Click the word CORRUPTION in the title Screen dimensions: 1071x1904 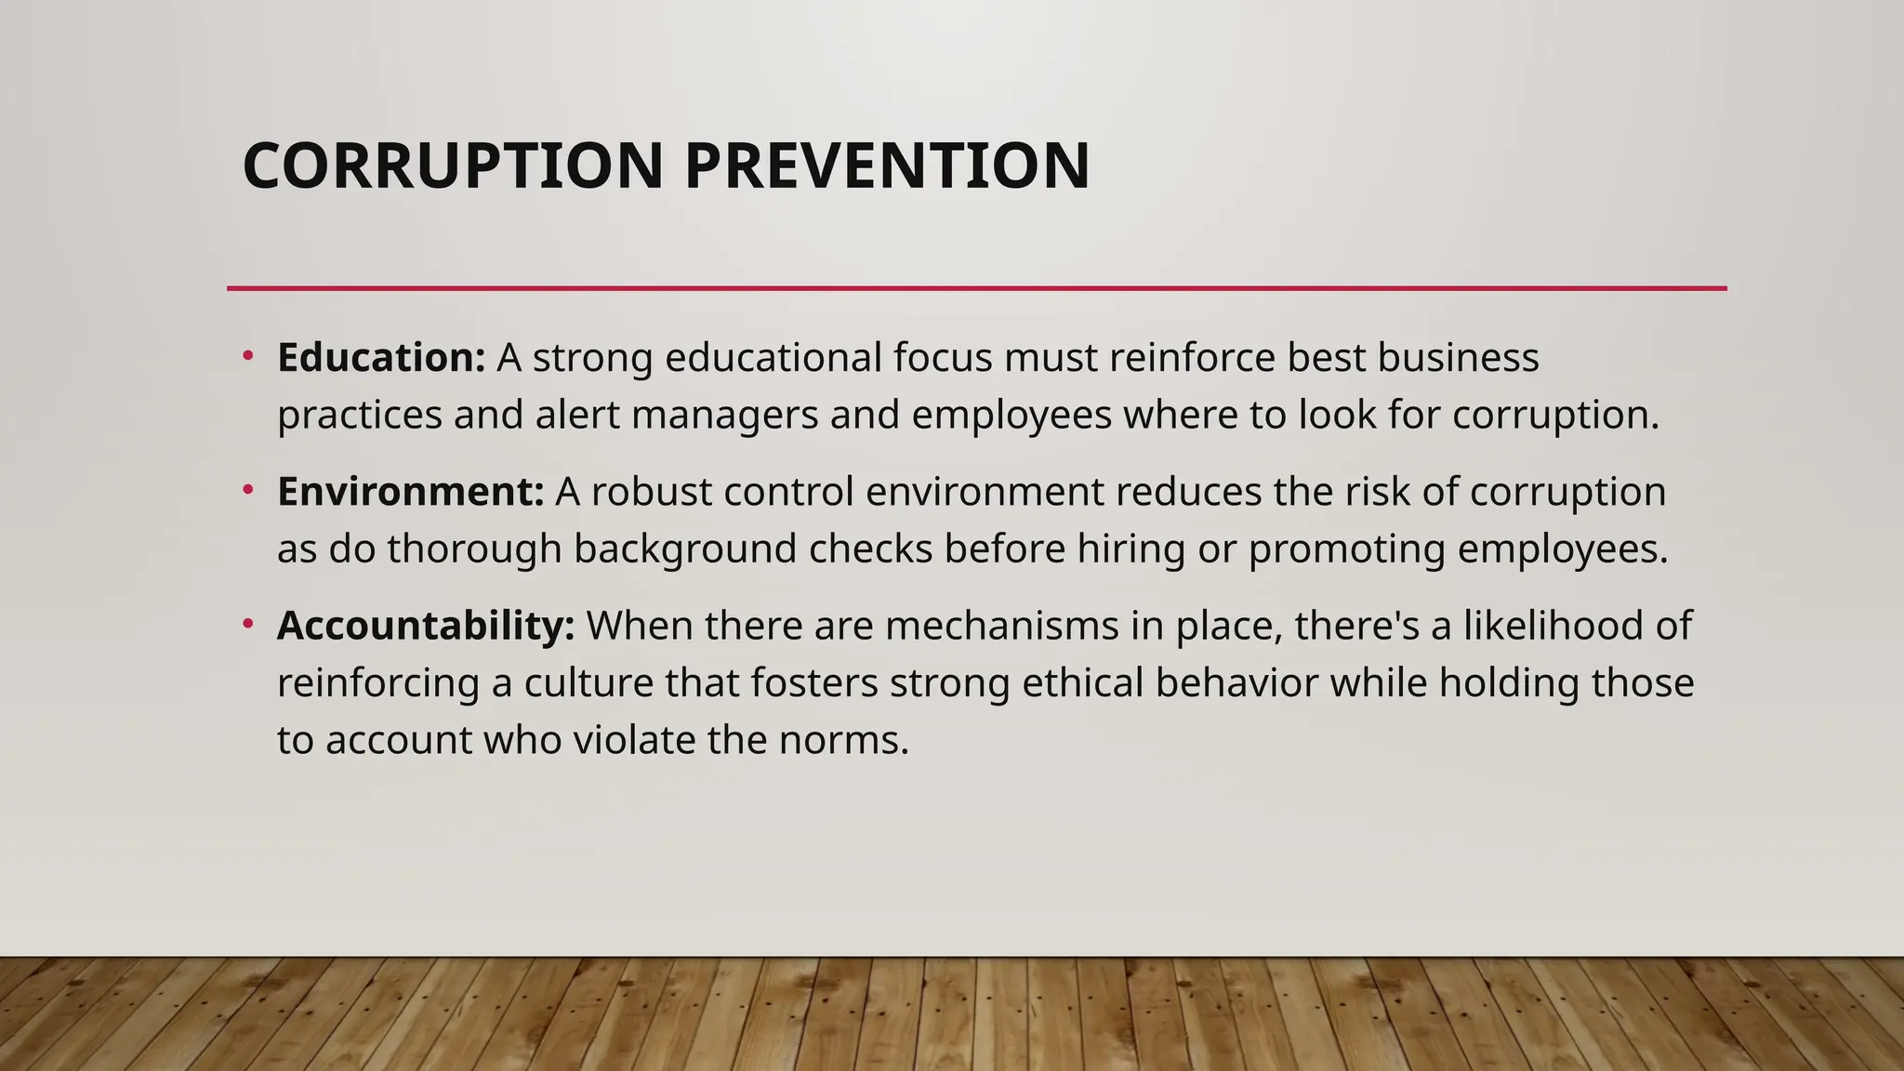[x=453, y=166]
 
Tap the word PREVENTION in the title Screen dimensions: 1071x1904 [x=887, y=166]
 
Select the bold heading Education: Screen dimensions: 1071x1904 [x=381, y=358]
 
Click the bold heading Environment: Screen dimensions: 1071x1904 [x=410, y=492]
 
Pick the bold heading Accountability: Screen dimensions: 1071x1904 [x=426, y=626]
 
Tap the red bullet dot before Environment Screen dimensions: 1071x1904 [x=248, y=488]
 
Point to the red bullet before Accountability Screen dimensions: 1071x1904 [x=248, y=623]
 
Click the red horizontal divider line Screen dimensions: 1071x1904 [x=976, y=288]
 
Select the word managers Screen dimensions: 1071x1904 [x=725, y=416]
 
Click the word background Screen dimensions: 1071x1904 [x=685, y=549]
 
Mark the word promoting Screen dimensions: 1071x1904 [x=1346, y=549]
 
